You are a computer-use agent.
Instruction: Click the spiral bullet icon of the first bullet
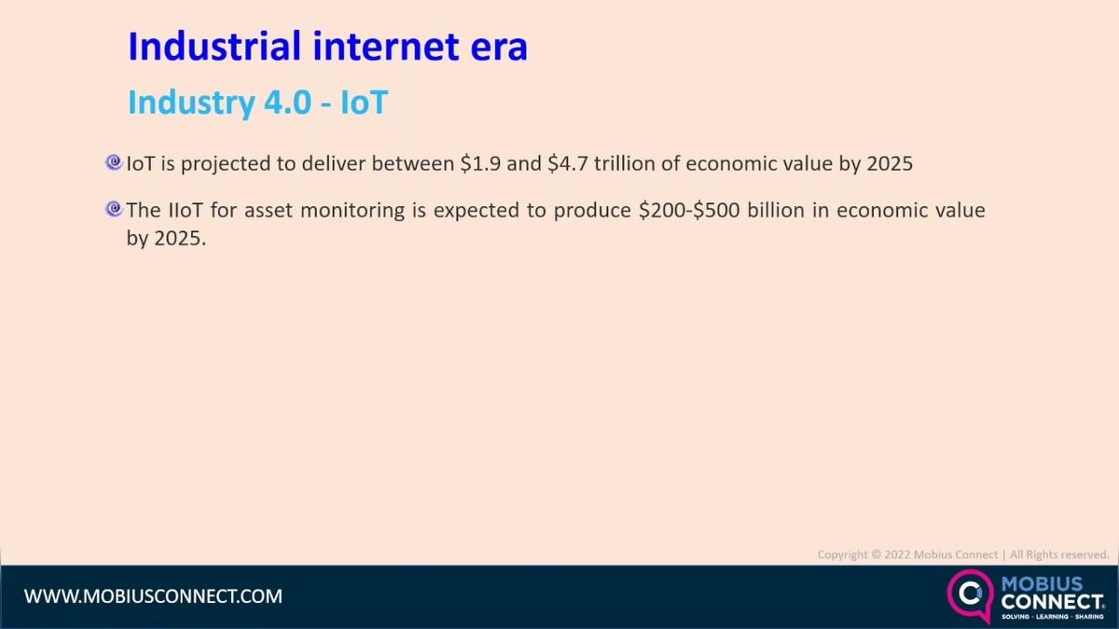coord(115,162)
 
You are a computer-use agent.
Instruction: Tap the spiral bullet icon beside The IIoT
coord(115,209)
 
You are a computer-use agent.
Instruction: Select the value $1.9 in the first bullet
coord(480,164)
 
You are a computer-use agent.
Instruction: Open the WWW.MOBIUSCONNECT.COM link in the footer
coord(153,595)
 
